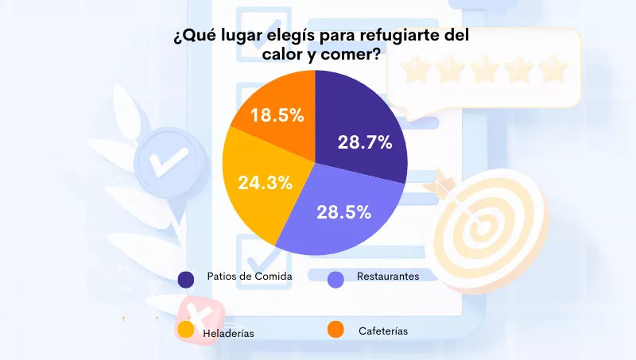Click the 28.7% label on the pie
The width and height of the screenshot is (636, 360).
pyautogui.click(x=365, y=142)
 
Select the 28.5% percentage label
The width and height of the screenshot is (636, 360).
pyautogui.click(x=344, y=212)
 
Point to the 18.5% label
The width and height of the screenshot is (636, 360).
pyautogui.click(x=277, y=115)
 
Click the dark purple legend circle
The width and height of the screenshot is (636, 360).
pyautogui.click(x=186, y=279)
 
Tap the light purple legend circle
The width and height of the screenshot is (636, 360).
pyautogui.click(x=335, y=279)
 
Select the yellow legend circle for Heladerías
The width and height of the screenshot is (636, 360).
pyautogui.click(x=186, y=329)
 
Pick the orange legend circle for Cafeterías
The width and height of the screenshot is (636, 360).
pyautogui.click(x=335, y=329)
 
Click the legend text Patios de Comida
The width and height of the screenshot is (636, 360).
pyautogui.click(x=250, y=276)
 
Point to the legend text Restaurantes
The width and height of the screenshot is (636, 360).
pyautogui.click(x=389, y=276)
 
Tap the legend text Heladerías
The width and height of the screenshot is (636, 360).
pyautogui.click(x=229, y=334)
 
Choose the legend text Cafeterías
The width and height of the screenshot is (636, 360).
pyautogui.click(x=383, y=331)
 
